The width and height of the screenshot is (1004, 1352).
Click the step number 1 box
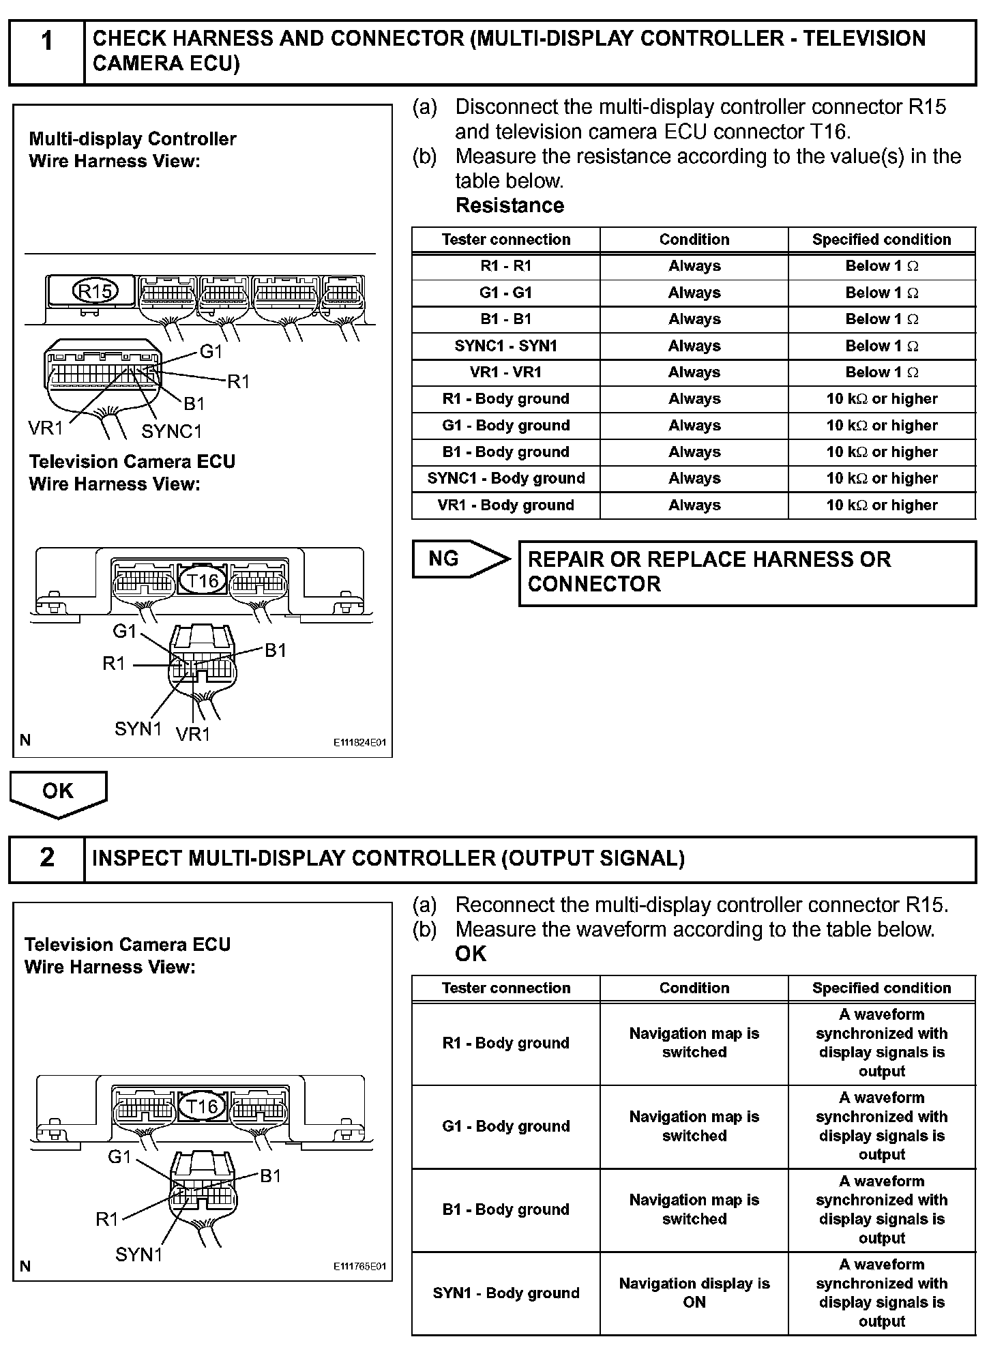pyautogui.click(x=46, y=52)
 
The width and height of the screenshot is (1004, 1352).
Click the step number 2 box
pyautogui.click(x=46, y=859)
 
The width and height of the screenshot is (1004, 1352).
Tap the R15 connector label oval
pyautogui.click(x=95, y=291)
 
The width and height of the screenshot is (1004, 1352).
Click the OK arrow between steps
pyautogui.click(x=58, y=793)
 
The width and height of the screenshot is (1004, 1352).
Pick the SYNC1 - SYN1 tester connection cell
pyautogui.click(x=505, y=346)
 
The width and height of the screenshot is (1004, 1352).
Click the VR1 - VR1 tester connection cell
pyautogui.click(x=505, y=372)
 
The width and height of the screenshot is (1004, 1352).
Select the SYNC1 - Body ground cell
pyautogui.click(x=505, y=478)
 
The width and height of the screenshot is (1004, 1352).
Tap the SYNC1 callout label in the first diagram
pyautogui.click(x=172, y=431)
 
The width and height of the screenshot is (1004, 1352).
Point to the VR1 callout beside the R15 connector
pyautogui.click(x=45, y=428)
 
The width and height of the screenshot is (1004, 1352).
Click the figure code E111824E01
pyautogui.click(x=359, y=742)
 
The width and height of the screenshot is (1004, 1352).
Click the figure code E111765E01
pyautogui.click(x=359, y=1267)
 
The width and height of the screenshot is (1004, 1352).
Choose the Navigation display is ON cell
pyautogui.click(x=694, y=1293)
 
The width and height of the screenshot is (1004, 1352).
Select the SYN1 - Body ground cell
pyautogui.click(x=505, y=1293)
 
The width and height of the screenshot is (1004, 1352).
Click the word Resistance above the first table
pyautogui.click(x=510, y=205)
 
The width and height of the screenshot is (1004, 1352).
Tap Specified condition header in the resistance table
pyautogui.click(x=881, y=239)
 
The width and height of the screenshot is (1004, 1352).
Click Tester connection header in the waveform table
pyautogui.click(x=505, y=988)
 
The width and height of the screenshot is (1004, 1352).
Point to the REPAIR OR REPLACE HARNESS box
pyautogui.click(x=747, y=572)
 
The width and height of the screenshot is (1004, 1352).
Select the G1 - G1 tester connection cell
pyautogui.click(x=505, y=293)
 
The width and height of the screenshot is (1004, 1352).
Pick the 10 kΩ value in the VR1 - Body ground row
pyautogui.click(x=881, y=505)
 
